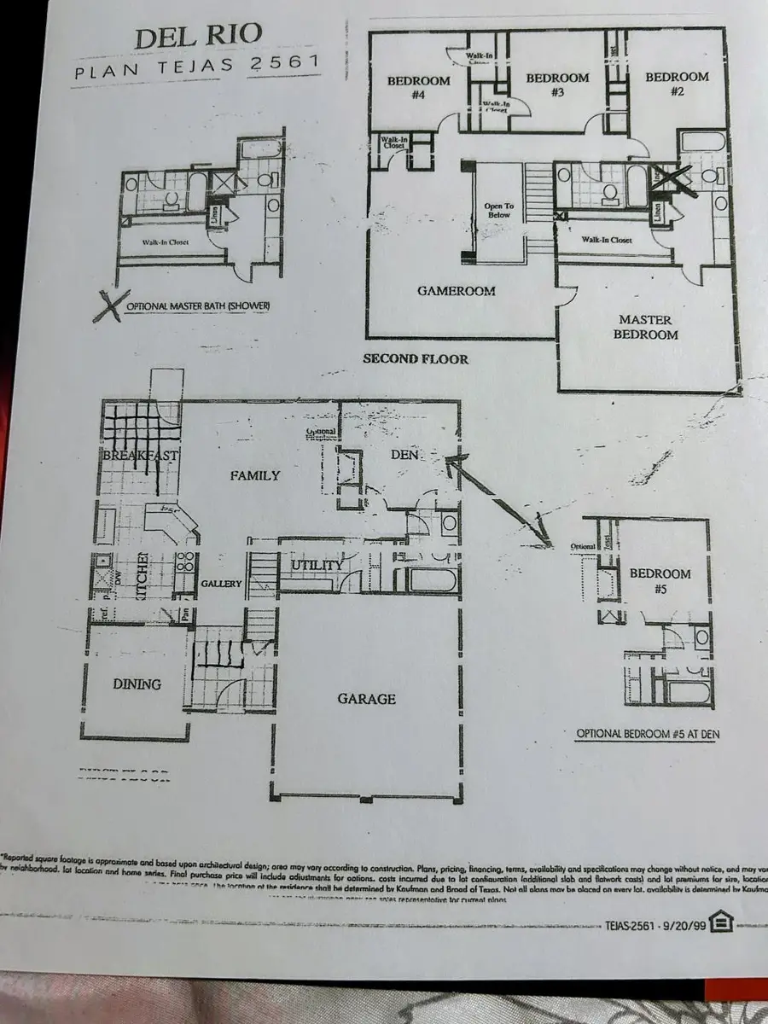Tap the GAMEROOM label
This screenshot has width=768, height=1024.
pos(457,291)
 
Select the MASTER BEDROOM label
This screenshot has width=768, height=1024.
pos(645,328)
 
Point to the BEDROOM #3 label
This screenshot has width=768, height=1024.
pos(557,84)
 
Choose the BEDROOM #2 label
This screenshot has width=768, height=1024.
pos(677,84)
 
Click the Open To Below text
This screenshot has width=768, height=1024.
pos(499,209)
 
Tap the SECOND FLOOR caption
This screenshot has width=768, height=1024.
pos(416,359)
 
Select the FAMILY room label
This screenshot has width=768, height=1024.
pos(254,475)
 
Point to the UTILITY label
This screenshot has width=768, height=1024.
pos(317,565)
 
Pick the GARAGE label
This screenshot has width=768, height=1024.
pos(366,699)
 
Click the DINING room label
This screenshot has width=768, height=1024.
pos(137,684)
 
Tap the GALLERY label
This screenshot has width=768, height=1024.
pos(222,584)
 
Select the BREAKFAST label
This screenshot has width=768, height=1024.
pos(140,456)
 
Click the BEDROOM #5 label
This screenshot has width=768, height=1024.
pos(660,581)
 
